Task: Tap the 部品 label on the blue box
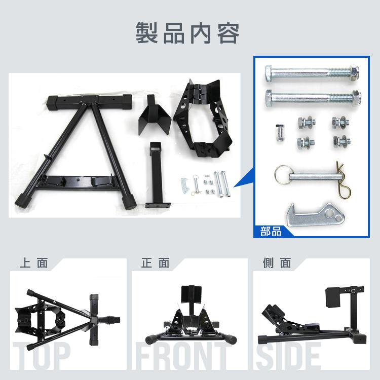271,232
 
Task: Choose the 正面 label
155,263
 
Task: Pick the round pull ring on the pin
283,173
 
